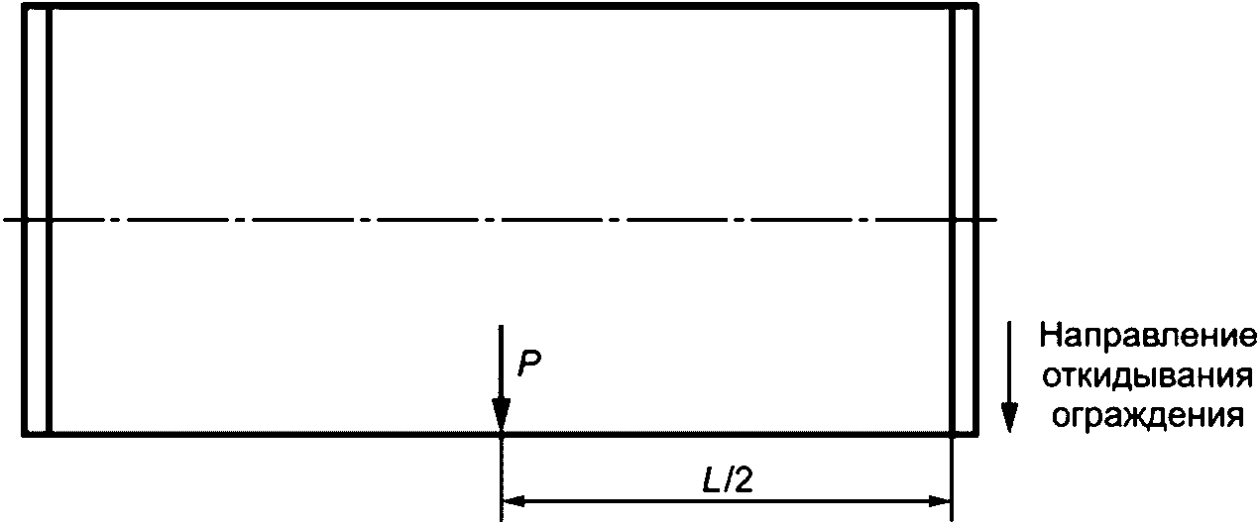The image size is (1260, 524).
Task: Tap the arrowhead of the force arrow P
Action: point(502,415)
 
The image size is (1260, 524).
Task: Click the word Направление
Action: point(1148,337)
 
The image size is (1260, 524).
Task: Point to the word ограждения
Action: point(1148,414)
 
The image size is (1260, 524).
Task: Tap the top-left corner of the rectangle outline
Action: point(24,7)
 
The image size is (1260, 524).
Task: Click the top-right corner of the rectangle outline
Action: point(976,7)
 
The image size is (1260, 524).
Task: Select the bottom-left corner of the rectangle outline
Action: point(24,433)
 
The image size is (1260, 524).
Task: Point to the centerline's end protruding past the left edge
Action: point(11,219)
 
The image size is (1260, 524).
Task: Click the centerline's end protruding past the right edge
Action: point(988,219)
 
